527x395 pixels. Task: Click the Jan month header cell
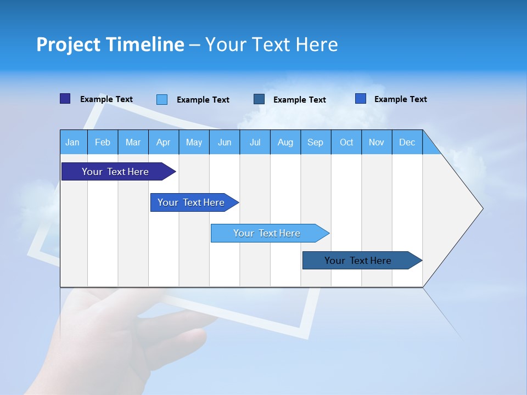73,142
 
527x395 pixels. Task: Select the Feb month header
103,142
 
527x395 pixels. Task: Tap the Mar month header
133,142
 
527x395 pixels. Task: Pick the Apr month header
164,142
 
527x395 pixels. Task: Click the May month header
194,142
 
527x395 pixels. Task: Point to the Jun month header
225,142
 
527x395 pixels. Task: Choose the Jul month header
255,142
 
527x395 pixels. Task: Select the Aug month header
285,142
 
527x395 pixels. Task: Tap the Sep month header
316,142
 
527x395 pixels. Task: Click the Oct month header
346,142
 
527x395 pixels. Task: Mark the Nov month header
377,142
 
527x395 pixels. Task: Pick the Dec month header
407,142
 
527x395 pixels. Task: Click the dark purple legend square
65,99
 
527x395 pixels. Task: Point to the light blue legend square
162,99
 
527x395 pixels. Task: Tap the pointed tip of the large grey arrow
481,208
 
